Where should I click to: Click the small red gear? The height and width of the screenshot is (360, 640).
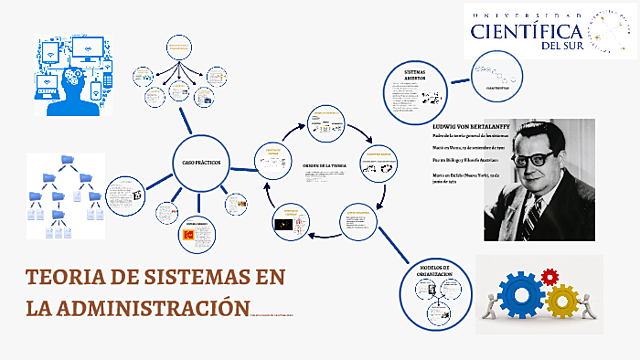(548, 275)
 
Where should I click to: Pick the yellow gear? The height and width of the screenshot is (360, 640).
(562, 299)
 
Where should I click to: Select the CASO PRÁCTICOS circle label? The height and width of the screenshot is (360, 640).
(201, 161)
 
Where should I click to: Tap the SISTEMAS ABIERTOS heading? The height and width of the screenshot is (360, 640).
(415, 77)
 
